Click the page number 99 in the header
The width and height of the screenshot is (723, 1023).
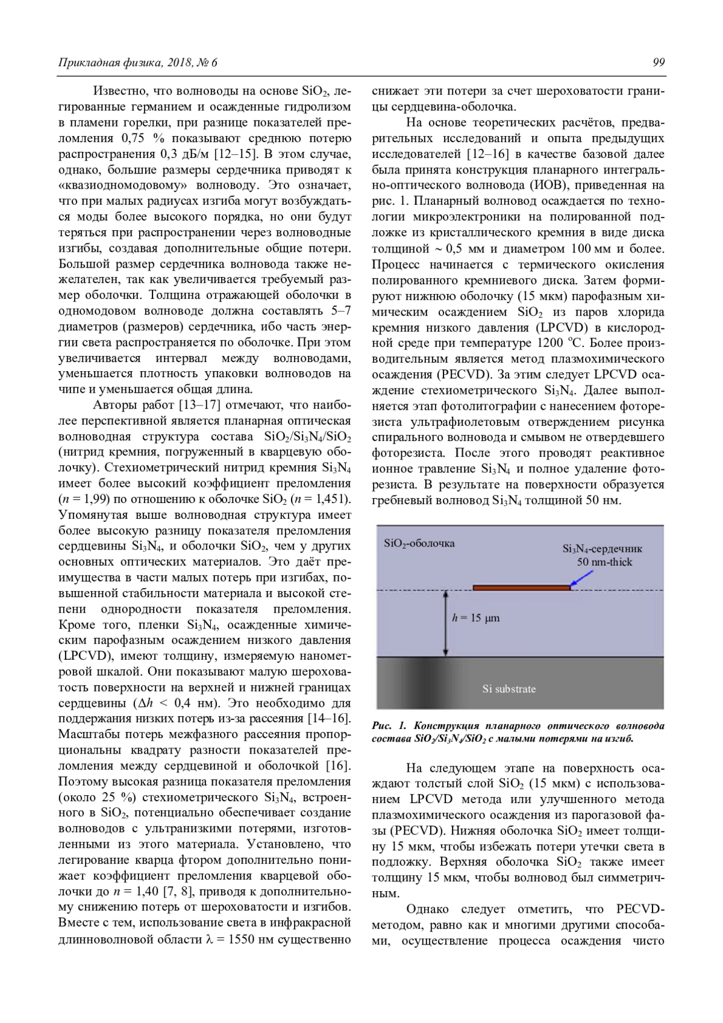[658, 63]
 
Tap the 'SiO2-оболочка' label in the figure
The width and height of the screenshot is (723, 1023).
[419, 543]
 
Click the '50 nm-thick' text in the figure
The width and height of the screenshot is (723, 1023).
[604, 562]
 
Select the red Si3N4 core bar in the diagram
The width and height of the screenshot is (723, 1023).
[521, 587]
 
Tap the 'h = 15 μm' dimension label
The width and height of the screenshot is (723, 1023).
[476, 618]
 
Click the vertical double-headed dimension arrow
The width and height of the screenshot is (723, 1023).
[446, 623]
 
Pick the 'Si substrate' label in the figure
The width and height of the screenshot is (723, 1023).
[509, 689]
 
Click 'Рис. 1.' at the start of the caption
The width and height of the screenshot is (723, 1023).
[389, 726]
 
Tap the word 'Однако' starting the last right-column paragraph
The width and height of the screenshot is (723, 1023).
[427, 909]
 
